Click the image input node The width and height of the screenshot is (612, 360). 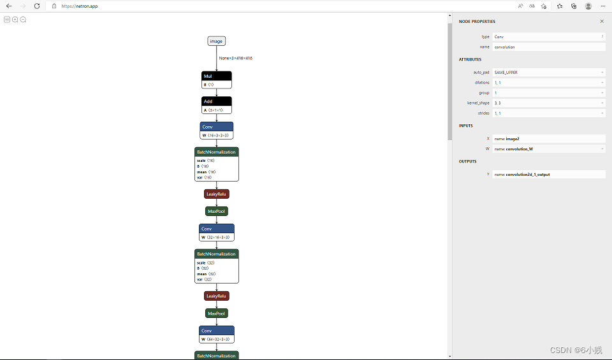coord(216,41)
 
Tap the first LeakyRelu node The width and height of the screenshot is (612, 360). coord(216,194)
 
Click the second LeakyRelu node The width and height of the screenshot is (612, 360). coord(216,296)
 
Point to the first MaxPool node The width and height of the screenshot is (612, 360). coord(216,211)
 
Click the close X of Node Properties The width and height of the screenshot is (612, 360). coord(601,21)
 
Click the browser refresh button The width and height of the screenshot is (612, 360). coord(37,6)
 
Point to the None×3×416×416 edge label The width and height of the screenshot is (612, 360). coord(235,58)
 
